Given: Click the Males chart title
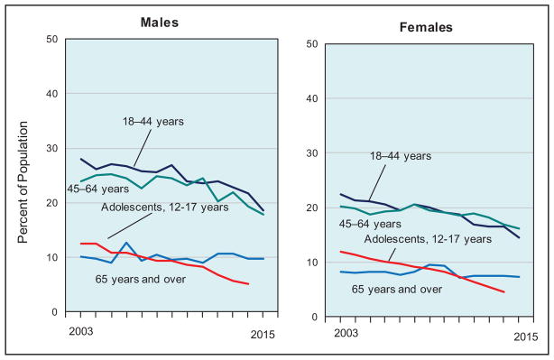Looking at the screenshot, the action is pos(160,23).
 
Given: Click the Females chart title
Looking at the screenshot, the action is pos(426,27).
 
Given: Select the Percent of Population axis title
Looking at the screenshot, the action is pos(23,182).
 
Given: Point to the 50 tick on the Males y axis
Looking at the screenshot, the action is pos(51,39).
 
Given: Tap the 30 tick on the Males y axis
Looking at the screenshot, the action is pos(51,148).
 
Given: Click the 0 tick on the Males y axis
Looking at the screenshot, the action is pos(54,311).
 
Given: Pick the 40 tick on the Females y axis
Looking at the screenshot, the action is pos(311,98).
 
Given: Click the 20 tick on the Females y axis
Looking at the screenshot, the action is pos(311,208).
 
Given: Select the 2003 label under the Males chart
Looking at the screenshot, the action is pos(81,331).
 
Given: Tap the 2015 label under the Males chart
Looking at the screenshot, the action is pos(263,334).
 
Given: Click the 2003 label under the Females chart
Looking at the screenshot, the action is pos(346,333).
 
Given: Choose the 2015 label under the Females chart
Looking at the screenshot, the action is pos(526,337).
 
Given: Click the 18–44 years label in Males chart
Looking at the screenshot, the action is pos(153,122).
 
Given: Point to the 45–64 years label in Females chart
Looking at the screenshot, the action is pos(370,224).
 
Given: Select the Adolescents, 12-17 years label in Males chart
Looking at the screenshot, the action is pos(165,207).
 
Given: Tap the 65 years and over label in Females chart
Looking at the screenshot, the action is pos(397,290).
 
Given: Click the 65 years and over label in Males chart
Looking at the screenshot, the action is pos(140,280).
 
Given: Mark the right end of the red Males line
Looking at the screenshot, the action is pos(248,283).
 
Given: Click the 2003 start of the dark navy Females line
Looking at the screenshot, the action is pos(340,194).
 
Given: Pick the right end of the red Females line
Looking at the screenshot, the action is pos(503,291).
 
